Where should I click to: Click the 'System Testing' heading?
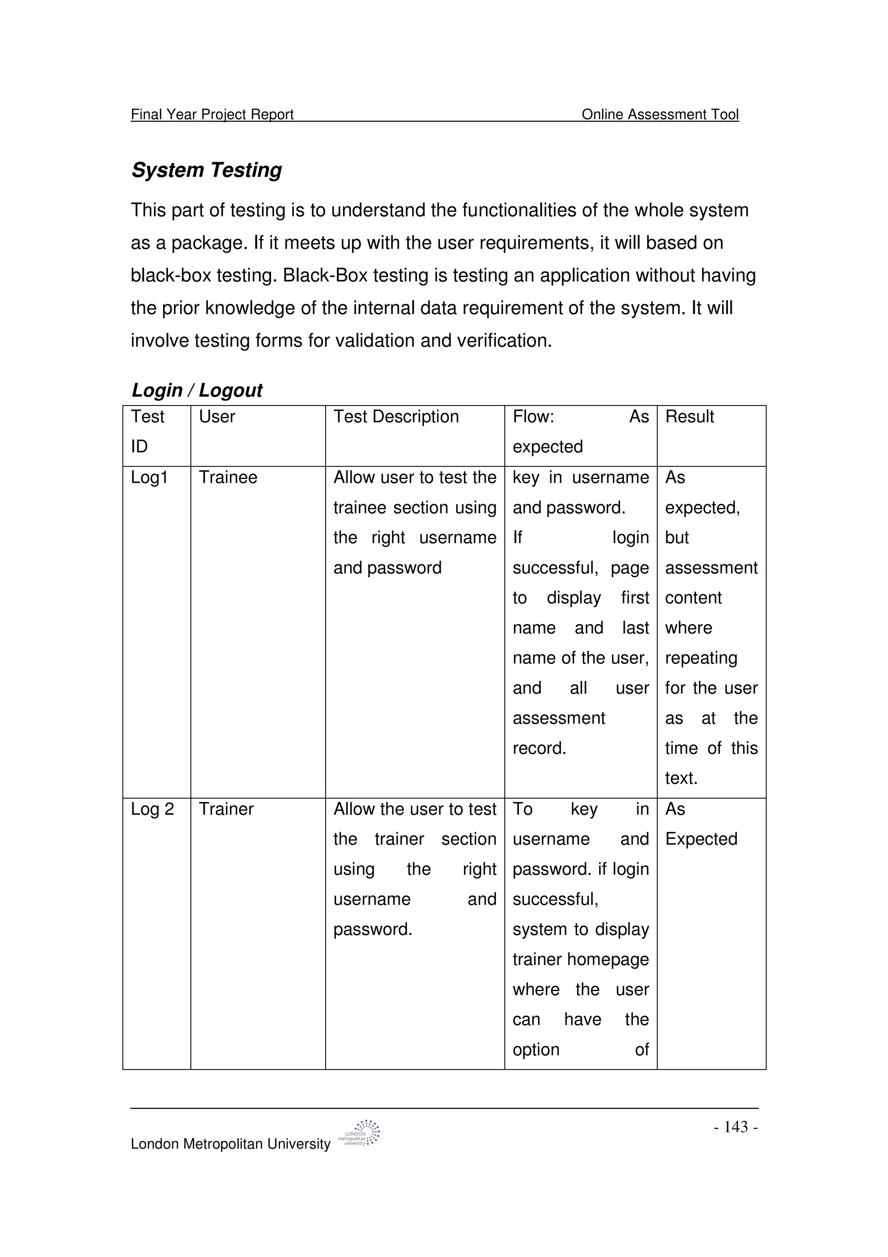206,170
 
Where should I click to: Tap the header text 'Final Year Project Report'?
212,115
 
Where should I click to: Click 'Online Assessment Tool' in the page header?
660,115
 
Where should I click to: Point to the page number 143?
736,1127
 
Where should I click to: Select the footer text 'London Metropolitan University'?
230,1144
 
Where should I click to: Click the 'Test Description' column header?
396,417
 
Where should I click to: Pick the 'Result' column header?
689,417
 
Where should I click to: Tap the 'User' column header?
217,417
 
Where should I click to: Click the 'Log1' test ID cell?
149,478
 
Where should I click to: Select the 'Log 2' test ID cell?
152,809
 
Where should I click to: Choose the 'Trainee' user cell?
228,478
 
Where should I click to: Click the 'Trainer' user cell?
226,809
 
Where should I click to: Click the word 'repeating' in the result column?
701,658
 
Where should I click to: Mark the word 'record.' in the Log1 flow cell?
539,748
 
